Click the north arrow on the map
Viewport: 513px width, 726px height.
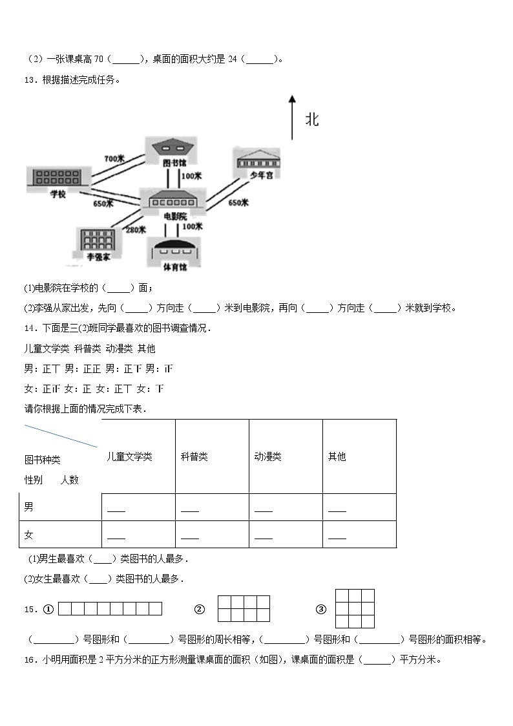coord(292,117)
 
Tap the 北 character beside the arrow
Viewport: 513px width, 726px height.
coord(312,120)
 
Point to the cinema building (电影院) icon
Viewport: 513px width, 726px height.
coord(173,200)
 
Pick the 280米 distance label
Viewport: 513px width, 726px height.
coord(136,230)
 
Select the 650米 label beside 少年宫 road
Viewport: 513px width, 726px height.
coord(238,203)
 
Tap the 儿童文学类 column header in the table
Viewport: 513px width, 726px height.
coord(130,456)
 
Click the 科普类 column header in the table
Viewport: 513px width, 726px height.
coord(194,456)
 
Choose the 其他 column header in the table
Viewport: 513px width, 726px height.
coord(337,456)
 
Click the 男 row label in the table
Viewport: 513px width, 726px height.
coord(29,507)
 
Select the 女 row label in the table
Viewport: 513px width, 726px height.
coord(29,535)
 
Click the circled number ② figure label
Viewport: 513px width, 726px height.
coord(200,609)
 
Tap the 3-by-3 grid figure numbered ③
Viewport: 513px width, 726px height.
coord(355,608)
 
